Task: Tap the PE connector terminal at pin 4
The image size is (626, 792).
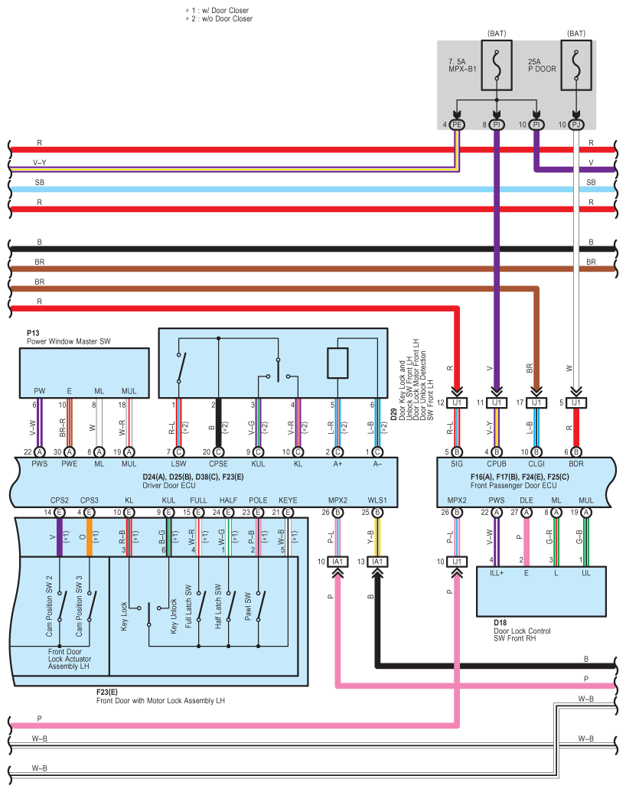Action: pyautogui.click(x=457, y=125)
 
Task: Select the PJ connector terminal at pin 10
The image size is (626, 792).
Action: pyautogui.click(x=576, y=125)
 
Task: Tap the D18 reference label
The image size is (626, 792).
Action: pyautogui.click(x=501, y=623)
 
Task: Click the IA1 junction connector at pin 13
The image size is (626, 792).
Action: pyautogui.click(x=377, y=562)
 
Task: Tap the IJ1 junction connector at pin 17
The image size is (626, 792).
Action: pyautogui.click(x=536, y=403)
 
